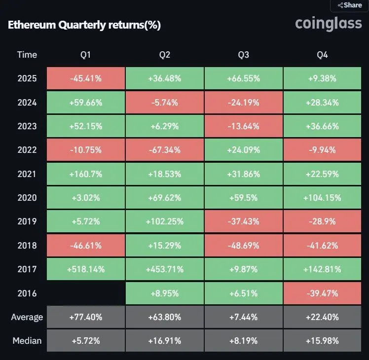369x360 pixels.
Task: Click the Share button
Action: click(x=350, y=5)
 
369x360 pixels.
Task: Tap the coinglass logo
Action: click(x=328, y=23)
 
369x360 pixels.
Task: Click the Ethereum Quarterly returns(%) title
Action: click(x=84, y=25)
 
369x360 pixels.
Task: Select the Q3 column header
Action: click(x=243, y=54)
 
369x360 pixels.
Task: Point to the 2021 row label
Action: click(x=27, y=174)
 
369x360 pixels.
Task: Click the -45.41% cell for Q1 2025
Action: click(x=86, y=78)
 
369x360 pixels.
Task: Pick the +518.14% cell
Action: click(x=86, y=269)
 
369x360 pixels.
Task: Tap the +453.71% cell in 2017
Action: click(x=165, y=269)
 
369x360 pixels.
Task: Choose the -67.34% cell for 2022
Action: click(x=165, y=150)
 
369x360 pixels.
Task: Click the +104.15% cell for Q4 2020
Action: click(x=323, y=198)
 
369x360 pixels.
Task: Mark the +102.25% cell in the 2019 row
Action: click(x=165, y=221)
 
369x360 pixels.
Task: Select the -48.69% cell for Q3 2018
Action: click(x=244, y=246)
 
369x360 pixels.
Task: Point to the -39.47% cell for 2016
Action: click(x=323, y=293)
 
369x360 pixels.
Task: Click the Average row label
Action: click(x=27, y=317)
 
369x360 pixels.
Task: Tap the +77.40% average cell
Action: click(x=86, y=317)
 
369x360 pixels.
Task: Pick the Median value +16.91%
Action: click(x=165, y=341)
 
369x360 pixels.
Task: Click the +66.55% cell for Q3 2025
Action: click(x=244, y=78)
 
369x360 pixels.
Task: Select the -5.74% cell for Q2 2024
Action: click(x=165, y=102)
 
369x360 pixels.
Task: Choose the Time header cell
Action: click(x=27, y=54)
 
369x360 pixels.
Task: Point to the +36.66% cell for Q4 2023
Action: click(x=323, y=126)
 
